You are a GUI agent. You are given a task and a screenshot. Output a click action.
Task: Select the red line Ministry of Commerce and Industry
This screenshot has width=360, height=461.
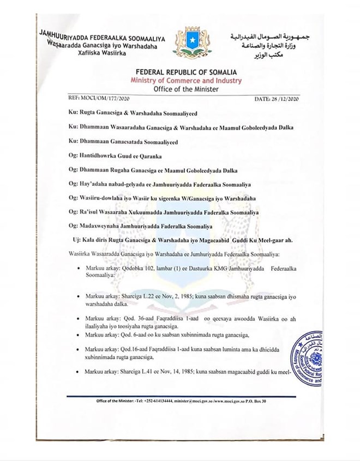190,80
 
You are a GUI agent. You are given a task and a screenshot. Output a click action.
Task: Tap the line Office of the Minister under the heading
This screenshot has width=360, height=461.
190,87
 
